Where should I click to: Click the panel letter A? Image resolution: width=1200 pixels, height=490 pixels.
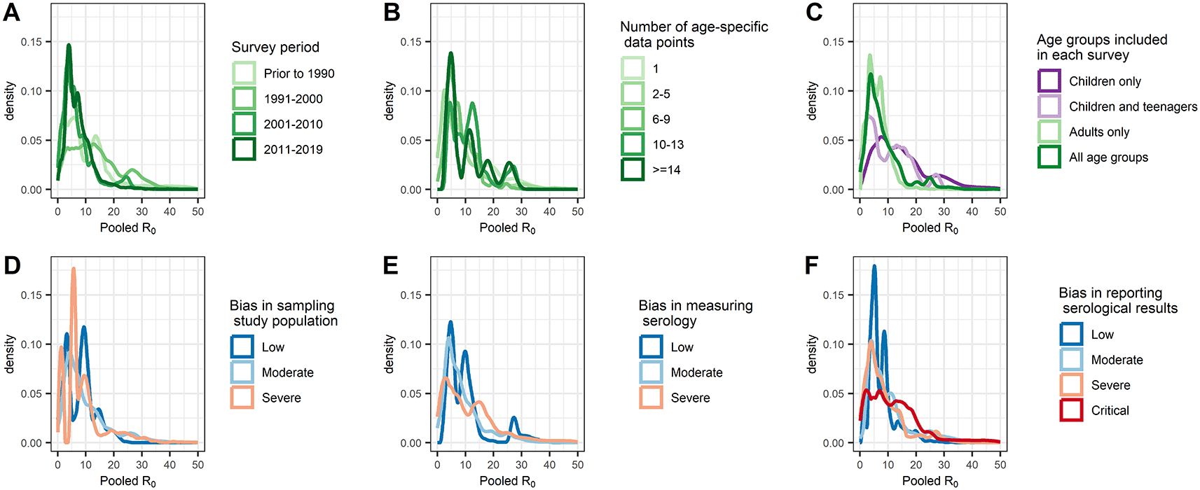11,13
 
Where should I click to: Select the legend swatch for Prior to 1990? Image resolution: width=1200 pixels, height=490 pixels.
244,73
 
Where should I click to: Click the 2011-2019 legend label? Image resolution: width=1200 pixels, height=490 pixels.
293,149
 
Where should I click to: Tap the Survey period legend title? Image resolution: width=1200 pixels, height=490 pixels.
275,48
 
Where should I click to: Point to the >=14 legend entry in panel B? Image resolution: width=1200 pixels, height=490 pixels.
666,169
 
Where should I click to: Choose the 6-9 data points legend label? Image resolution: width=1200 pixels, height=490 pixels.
661,119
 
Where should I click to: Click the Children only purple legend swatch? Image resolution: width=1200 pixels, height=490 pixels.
1049,81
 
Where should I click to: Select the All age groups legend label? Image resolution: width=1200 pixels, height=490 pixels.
1108,157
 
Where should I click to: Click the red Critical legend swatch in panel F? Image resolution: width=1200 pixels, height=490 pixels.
1071,410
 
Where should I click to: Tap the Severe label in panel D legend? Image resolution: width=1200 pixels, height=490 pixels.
282,398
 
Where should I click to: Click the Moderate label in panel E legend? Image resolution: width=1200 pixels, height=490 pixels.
696,372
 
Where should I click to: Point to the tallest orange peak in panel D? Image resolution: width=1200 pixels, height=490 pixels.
74,269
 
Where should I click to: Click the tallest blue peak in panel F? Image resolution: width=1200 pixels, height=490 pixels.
874,267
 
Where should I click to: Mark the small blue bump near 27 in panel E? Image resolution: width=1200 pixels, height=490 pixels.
513,419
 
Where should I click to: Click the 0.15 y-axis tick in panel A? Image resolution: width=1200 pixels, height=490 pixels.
32,42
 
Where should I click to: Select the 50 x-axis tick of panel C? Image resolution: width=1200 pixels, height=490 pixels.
1000,211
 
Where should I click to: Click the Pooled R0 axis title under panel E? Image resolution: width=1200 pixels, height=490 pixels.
507,481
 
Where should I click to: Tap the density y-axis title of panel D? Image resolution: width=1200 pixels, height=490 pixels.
10,353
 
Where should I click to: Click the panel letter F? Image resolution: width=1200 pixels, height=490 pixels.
812,266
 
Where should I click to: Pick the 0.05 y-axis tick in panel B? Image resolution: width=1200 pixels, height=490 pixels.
411,141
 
